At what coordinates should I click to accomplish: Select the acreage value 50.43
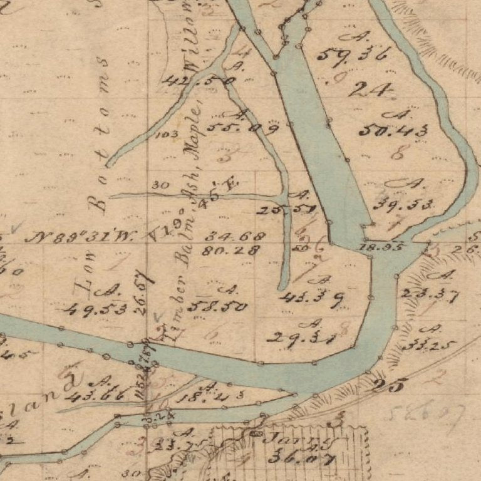point(394,131)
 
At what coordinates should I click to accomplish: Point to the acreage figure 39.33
point(403,205)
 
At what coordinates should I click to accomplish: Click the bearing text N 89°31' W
point(83,237)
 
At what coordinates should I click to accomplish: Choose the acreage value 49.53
point(95,308)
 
